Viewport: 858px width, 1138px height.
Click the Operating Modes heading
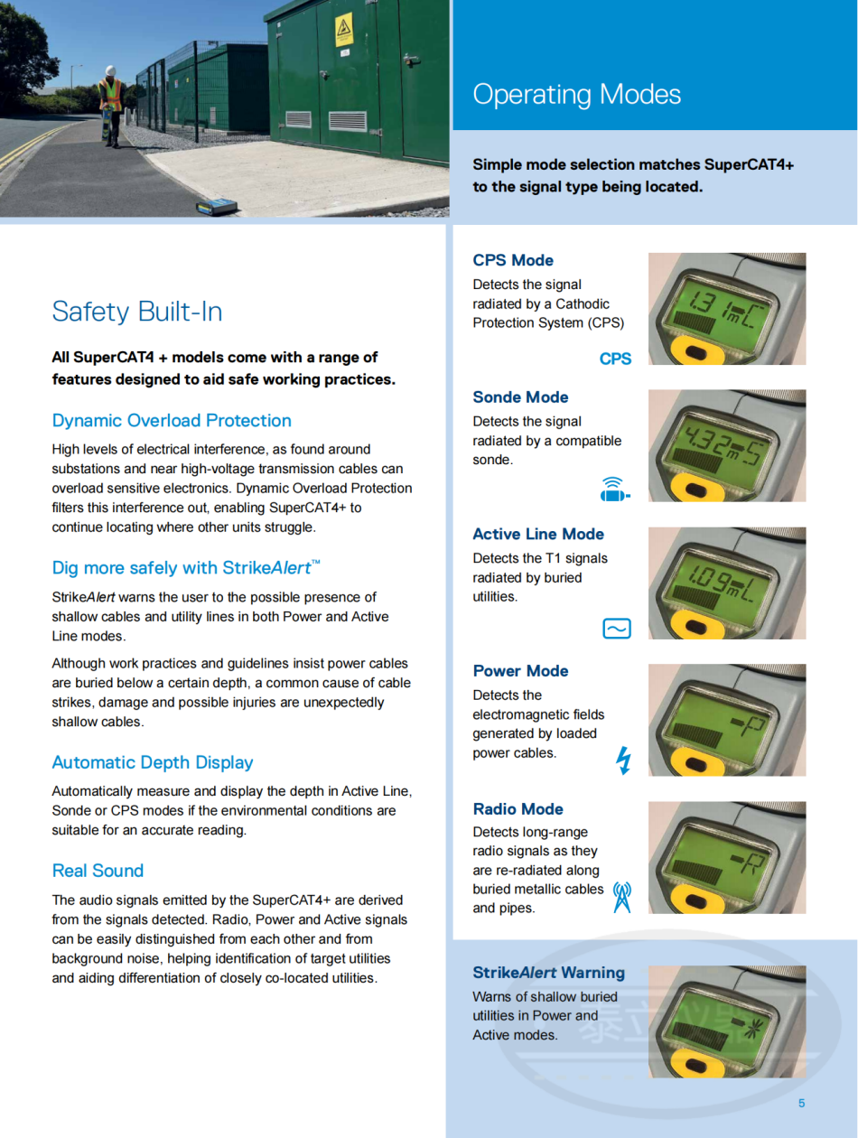576,95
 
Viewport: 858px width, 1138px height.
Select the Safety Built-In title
136,312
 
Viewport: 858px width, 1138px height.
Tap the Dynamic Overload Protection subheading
172,420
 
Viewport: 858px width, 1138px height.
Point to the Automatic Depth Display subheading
152,762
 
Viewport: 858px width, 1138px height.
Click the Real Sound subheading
98,871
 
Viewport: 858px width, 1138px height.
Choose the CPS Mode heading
513,260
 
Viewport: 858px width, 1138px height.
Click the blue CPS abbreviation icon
615,359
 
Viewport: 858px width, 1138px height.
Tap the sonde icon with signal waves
614,490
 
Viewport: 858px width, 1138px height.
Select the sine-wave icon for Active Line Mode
616,629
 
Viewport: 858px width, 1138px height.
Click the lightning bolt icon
622,760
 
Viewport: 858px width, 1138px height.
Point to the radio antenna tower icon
622,897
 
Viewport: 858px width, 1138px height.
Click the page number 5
801,1103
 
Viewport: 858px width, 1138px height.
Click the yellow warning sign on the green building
344,32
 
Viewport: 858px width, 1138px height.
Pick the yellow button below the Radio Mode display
697,900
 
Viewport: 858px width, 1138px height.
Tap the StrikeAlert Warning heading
548,973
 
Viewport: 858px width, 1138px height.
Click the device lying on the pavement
217,206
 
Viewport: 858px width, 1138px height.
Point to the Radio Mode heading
518,808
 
